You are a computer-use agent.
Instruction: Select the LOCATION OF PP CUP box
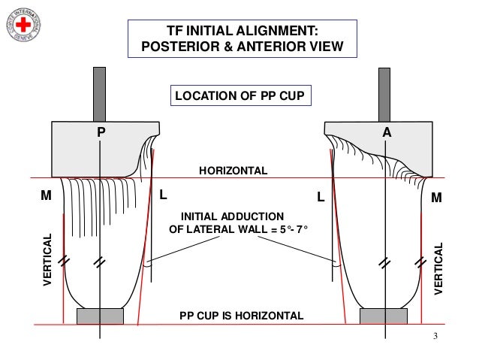click(239, 96)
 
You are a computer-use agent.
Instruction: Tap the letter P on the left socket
click(101, 132)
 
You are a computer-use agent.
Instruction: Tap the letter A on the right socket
click(387, 132)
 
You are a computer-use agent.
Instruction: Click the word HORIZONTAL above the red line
click(233, 171)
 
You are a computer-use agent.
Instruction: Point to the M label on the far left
click(45, 197)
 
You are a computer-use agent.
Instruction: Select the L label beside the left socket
click(163, 195)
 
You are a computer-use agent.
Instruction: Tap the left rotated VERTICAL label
click(49, 259)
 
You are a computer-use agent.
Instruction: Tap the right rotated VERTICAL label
click(440, 267)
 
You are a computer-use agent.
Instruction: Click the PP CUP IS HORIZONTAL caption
click(242, 315)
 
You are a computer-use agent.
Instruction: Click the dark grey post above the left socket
click(100, 94)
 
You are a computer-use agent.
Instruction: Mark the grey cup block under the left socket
click(100, 316)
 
